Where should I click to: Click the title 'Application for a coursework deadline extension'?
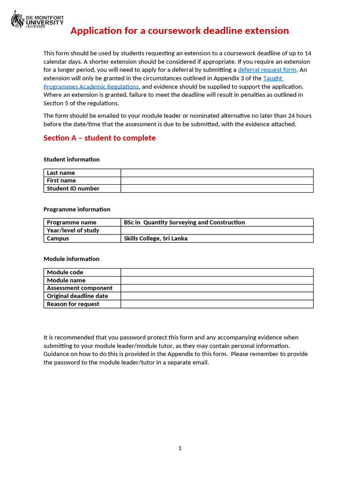(180, 31)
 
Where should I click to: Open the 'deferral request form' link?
(267, 70)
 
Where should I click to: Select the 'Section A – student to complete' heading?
(99, 138)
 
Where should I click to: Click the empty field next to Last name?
(217, 173)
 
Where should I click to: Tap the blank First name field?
(217, 180)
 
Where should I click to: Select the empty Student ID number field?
(217, 188)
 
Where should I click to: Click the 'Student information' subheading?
(71, 159)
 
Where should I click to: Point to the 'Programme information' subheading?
(77, 210)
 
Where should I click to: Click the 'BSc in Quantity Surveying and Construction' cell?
(184, 222)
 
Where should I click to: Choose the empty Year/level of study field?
(217, 231)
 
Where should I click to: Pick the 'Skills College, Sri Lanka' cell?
(156, 239)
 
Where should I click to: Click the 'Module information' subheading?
(71, 259)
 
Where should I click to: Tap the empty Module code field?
(217, 272)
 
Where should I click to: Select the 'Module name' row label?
(66, 280)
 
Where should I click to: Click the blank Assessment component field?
(217, 288)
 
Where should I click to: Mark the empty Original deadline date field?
(217, 296)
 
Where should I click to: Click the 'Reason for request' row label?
(73, 304)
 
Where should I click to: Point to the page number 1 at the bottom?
(180, 448)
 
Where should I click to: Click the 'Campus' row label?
(58, 239)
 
